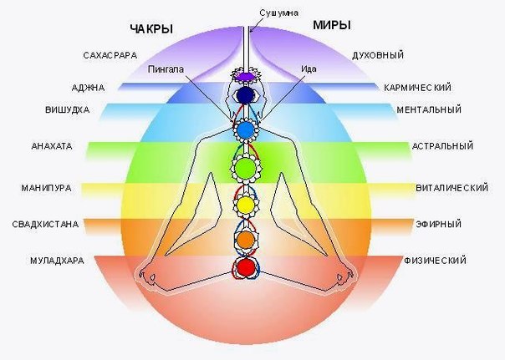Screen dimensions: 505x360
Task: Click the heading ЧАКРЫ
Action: coord(151,29)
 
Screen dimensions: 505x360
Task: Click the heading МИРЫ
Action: coord(332,25)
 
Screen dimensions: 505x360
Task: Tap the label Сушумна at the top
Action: coord(279,13)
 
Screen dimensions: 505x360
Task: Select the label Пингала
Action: coord(166,69)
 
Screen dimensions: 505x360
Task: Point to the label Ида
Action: coord(309,68)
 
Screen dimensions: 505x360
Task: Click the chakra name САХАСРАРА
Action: coord(110,55)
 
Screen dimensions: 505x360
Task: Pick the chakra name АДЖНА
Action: coord(89,88)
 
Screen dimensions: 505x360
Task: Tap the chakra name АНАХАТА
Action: coord(52,146)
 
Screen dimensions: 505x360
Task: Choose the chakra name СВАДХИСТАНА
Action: coord(45,224)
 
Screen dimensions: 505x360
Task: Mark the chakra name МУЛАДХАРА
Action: coord(57,261)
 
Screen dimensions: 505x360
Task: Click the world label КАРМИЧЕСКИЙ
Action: coord(417,88)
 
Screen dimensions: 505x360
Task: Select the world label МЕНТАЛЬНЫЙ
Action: coord(429,109)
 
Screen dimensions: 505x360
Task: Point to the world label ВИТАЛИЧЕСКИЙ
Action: coord(452,188)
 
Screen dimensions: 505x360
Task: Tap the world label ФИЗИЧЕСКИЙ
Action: coord(435,261)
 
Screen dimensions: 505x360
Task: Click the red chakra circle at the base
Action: coord(246,266)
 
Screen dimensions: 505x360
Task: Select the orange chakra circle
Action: coord(246,240)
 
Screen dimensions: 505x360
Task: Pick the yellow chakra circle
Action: coord(246,205)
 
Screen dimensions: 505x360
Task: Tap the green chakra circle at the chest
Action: coord(246,167)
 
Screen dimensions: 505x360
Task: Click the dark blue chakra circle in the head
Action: coord(246,95)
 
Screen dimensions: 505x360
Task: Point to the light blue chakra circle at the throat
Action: coord(246,129)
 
